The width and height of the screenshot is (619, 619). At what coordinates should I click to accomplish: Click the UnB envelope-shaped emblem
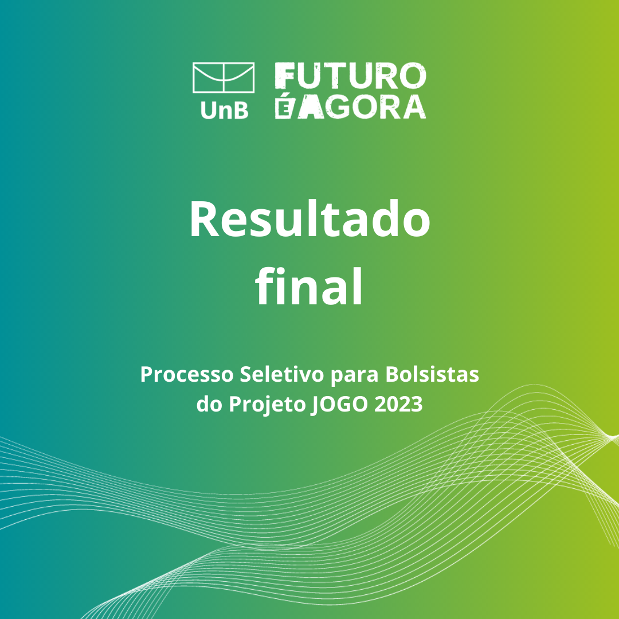tap(224, 78)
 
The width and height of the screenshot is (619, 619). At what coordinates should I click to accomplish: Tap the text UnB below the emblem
tap(225, 110)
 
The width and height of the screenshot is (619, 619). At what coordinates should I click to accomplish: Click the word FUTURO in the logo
tap(351, 76)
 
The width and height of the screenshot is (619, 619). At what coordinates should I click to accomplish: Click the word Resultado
tap(310, 219)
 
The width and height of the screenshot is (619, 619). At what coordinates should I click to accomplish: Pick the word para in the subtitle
tap(355, 375)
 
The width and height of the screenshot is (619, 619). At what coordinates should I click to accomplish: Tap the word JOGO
tap(339, 404)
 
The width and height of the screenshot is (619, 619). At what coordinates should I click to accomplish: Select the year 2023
tap(398, 404)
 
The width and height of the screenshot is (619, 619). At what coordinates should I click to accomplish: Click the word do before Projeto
tap(210, 403)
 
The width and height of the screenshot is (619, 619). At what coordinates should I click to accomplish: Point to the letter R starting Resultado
tap(204, 219)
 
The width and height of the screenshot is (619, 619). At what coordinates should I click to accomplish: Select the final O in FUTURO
tap(413, 76)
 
